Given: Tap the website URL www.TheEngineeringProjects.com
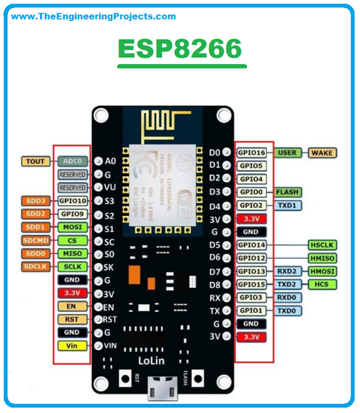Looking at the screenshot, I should point(93,16).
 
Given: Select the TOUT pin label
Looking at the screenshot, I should point(36,162).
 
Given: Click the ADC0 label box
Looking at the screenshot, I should point(73,162).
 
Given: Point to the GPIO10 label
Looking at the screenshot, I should point(73,201).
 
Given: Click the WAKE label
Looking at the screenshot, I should point(322,153).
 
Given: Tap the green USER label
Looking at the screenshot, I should point(287,153).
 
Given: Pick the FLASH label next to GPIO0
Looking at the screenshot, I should point(287,192).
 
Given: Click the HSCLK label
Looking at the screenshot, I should point(322,245).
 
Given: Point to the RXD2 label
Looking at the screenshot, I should point(287,271).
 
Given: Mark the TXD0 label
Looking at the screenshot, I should point(287,311).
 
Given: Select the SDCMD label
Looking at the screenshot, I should point(36,240).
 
